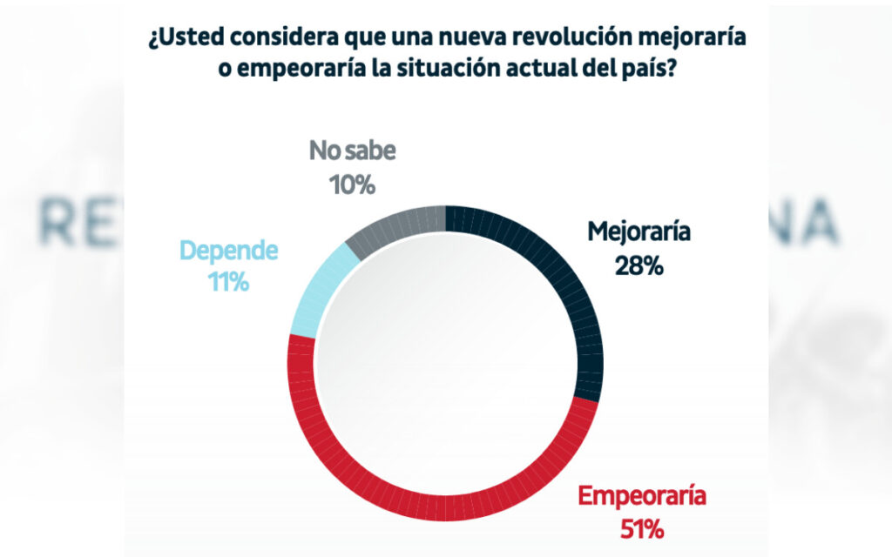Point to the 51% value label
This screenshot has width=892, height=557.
pos(644,527)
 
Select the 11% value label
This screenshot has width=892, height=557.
pos(228,281)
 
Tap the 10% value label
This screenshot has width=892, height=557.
pos(352,185)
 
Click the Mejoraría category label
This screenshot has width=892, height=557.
pos(639,233)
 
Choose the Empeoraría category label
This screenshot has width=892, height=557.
pos(643,498)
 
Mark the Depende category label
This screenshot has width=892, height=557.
pos(228,252)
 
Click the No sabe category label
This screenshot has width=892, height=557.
pos(352,152)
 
